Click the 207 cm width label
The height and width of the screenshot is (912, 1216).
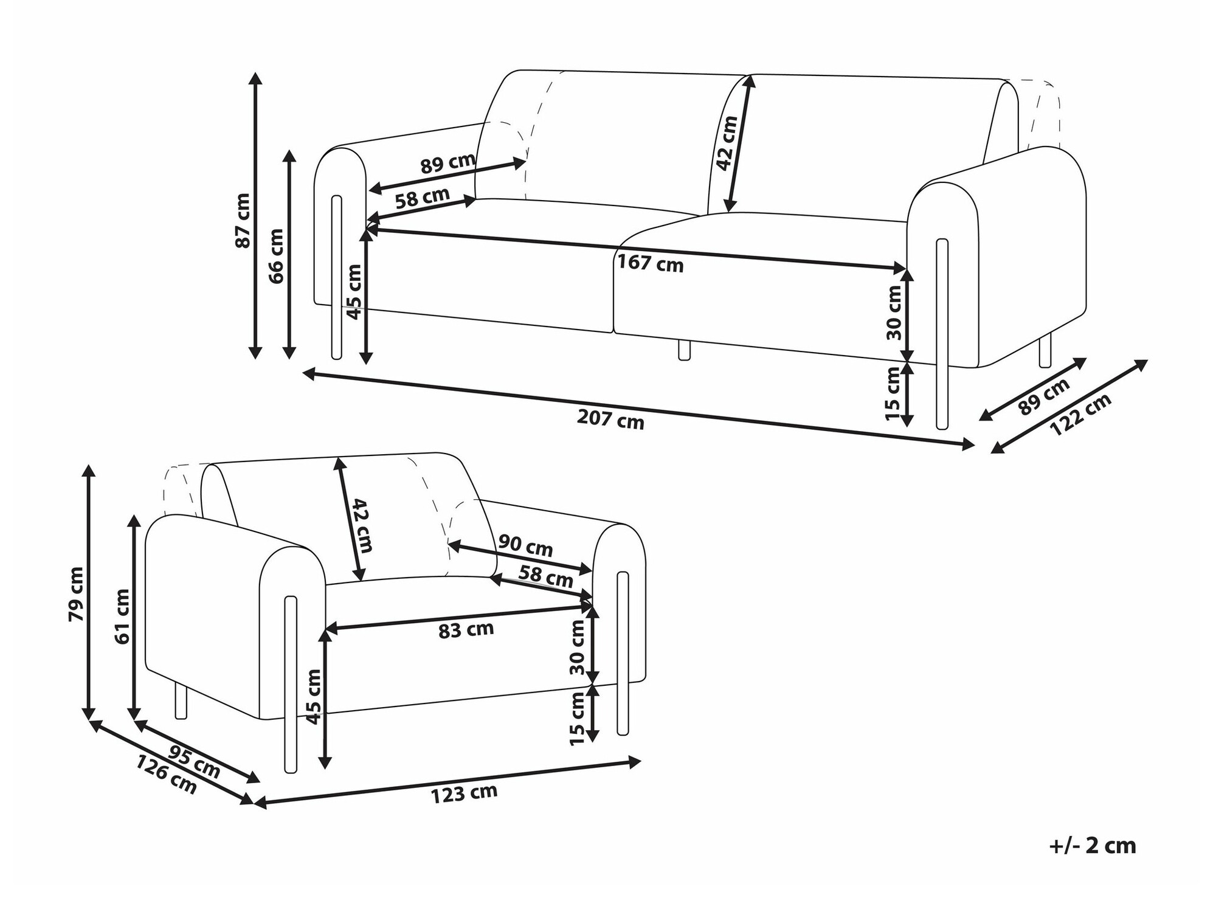coord(610,420)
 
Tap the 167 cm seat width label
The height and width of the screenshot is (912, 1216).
coord(651,264)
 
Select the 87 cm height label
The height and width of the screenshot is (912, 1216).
coord(243,220)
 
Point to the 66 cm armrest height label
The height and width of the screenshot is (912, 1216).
coord(276,256)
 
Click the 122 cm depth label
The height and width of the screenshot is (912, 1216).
coord(1080,414)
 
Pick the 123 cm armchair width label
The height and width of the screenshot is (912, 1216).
coord(464,793)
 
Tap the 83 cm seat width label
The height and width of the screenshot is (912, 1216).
coord(466,630)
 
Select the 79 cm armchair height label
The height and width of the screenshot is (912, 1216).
coord(77,594)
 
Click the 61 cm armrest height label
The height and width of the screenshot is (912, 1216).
coord(122,617)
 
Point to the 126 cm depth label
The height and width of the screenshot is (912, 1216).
coord(166,774)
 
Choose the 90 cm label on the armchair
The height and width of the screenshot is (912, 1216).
coord(525,545)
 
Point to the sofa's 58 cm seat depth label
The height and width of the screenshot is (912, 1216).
coord(423,198)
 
